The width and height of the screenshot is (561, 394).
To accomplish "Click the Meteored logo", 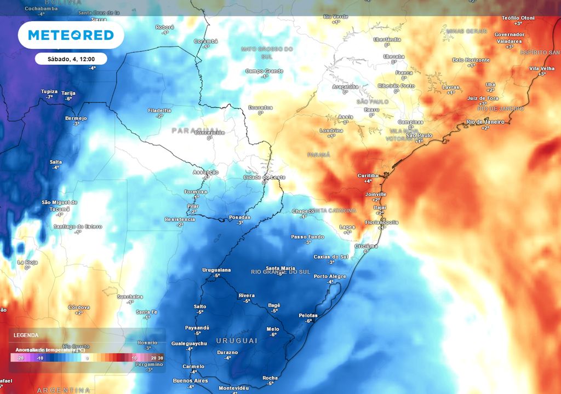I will [71, 35].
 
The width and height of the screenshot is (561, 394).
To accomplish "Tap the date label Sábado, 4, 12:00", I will [71, 59].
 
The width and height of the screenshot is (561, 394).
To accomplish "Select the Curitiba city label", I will [368, 175].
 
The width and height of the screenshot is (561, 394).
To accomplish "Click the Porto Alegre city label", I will [330, 276].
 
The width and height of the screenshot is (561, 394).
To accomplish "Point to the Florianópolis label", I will [382, 222].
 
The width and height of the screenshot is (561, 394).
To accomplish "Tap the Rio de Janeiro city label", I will [485, 121].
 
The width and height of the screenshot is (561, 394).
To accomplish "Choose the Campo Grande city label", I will [264, 71].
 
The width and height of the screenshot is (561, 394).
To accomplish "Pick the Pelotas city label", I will [308, 315].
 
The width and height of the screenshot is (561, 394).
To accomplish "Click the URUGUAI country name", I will [237, 340].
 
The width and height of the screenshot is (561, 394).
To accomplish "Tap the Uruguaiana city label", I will [216, 270].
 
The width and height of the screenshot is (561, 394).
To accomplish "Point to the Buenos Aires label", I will [190, 380].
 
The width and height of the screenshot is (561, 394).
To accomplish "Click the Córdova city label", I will [78, 307].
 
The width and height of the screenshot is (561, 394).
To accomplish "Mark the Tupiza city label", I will [49, 91].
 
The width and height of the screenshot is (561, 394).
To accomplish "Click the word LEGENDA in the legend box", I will [26, 335].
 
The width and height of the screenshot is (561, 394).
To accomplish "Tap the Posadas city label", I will [239, 217].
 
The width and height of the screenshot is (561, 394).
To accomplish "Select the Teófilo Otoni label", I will [518, 18].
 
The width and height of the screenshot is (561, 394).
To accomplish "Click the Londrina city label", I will [331, 130].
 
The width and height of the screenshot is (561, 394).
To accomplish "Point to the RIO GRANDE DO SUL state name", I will [280, 271].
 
